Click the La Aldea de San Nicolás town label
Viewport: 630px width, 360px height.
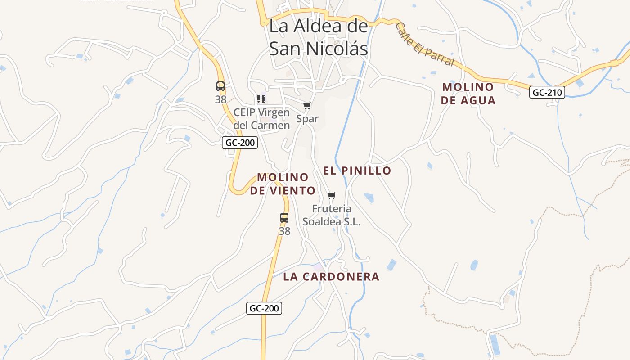[319, 37]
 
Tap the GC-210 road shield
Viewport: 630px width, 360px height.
[547, 93]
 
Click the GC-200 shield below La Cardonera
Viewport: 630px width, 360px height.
[264, 308]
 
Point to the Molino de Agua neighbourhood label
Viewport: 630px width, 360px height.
[468, 94]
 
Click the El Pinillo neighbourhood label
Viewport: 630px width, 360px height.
[357, 171]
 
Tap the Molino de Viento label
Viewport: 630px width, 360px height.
[283, 184]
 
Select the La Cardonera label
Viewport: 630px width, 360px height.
[331, 277]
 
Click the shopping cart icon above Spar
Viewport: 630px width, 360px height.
[307, 105]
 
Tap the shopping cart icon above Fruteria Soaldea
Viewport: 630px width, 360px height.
[332, 195]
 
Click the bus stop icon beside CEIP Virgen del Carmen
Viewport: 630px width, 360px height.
[220, 86]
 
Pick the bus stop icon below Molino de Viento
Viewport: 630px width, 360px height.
[284, 218]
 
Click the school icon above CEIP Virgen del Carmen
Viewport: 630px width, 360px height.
[261, 99]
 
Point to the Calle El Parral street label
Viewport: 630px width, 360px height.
[425, 45]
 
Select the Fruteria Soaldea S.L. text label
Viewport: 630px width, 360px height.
[332, 215]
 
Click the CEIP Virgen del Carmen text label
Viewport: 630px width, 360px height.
[261, 119]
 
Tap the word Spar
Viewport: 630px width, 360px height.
[307, 119]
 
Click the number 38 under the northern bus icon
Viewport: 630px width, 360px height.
[220, 99]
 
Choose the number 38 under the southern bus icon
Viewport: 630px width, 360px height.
[284, 231]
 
